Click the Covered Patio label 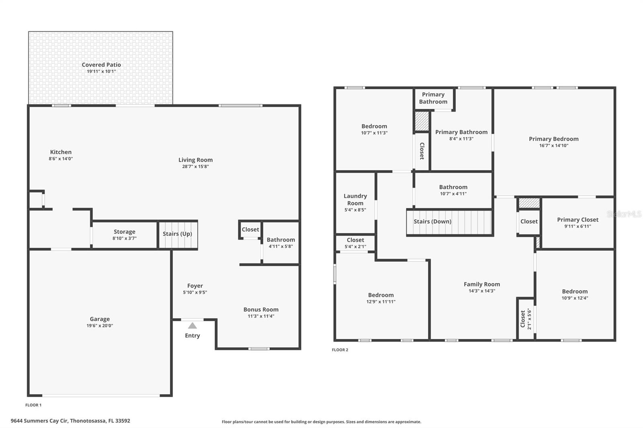(x=101, y=65)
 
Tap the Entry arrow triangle (x=192, y=326)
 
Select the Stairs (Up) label (x=177, y=234)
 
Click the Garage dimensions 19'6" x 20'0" (x=100, y=326)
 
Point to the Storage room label (x=124, y=232)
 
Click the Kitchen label (x=61, y=152)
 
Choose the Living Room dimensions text (x=195, y=166)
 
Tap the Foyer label (x=195, y=286)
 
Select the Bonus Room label (x=261, y=310)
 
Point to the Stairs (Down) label (x=432, y=221)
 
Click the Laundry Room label (x=355, y=200)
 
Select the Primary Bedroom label (x=553, y=139)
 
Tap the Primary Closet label (x=577, y=220)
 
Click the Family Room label (x=482, y=284)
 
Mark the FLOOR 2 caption (x=340, y=350)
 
